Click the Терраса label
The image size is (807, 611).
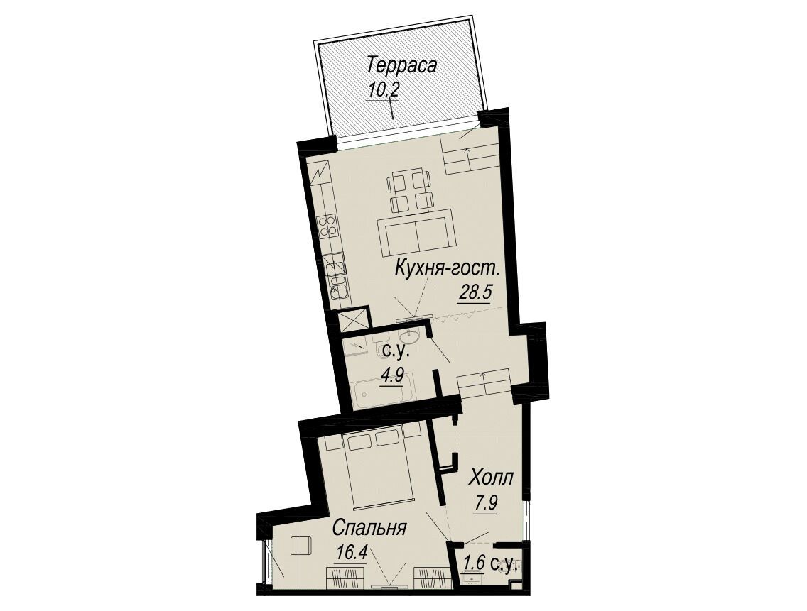click(x=402, y=67)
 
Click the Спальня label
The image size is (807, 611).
click(x=370, y=529)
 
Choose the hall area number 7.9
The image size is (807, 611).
click(x=485, y=502)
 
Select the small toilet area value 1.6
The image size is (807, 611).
click(x=475, y=563)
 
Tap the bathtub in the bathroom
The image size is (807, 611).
click(x=384, y=396)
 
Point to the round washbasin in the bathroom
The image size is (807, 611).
click(x=412, y=338)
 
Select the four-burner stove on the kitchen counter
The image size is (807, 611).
click(x=328, y=227)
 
